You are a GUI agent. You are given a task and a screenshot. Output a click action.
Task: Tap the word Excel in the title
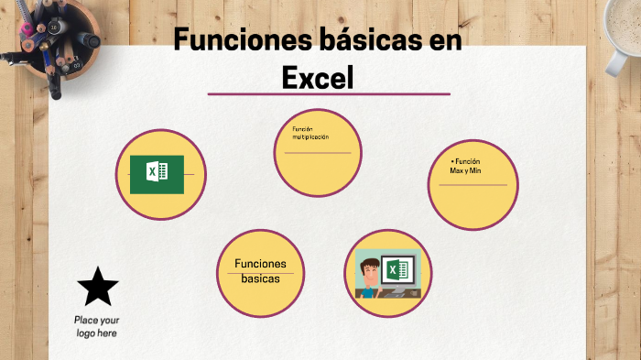click(x=318, y=78)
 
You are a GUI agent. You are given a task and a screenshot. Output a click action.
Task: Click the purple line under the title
click(x=329, y=93)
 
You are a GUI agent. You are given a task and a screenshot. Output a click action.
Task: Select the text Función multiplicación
click(x=310, y=133)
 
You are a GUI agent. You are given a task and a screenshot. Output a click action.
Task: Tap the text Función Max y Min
click(x=466, y=166)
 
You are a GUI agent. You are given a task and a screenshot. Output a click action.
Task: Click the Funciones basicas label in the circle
click(x=261, y=271)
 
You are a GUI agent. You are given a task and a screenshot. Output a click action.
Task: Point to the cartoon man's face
click(x=370, y=273)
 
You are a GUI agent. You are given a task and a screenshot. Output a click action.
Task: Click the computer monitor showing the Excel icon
click(x=398, y=272)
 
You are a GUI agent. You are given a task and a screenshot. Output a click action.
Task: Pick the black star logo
click(x=97, y=288)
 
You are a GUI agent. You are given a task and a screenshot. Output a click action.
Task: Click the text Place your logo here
click(x=96, y=326)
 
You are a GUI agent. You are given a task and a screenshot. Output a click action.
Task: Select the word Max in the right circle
click(x=457, y=170)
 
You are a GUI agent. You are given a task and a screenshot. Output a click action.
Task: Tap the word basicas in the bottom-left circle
click(x=261, y=278)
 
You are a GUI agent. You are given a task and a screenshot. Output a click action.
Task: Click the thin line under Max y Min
click(x=473, y=185)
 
